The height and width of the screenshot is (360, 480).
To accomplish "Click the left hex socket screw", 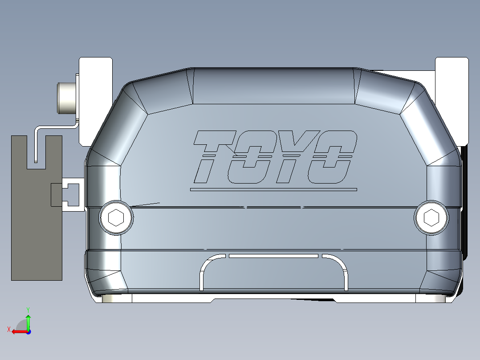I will pyautogui.click(x=116, y=218).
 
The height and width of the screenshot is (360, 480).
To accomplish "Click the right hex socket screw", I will pyautogui.click(x=431, y=217).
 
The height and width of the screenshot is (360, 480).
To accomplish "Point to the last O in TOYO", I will pyautogui.click(x=332, y=157).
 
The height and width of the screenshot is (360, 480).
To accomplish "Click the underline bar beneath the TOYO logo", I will pyautogui.click(x=273, y=189).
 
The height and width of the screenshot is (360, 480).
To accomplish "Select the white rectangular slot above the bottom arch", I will pyautogui.click(x=273, y=256).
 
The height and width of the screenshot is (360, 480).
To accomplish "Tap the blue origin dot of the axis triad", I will pyautogui.click(x=28, y=332).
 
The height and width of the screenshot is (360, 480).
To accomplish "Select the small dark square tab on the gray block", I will pyautogui.click(x=57, y=195).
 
